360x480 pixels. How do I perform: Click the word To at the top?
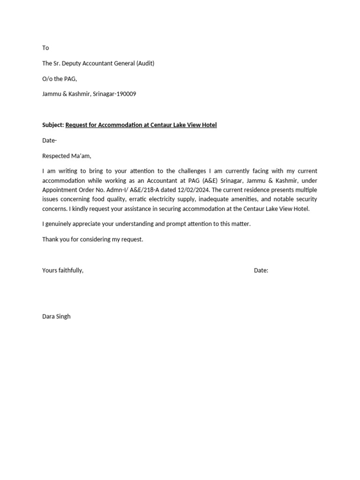tap(45, 48)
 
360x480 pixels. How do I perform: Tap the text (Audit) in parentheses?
tap(145, 63)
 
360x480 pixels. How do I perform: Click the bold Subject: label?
tap(53, 125)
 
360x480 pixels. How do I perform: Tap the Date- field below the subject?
tap(49, 140)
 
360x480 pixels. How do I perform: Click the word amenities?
tap(242, 199)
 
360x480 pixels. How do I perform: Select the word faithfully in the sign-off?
tap(70, 270)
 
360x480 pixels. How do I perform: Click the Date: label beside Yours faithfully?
tap(261, 270)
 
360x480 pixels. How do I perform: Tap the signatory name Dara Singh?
tap(56, 316)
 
